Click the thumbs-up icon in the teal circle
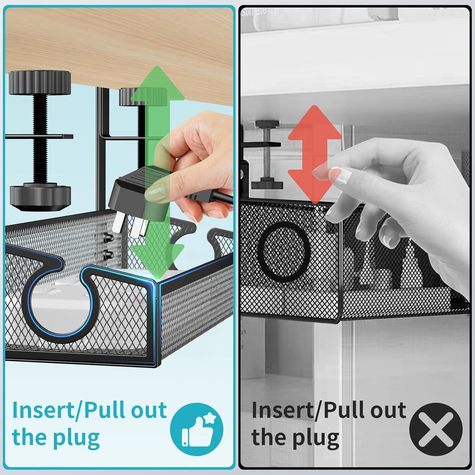197,429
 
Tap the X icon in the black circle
436,429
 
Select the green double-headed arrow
157,171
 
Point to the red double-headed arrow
315,154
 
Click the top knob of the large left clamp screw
40,82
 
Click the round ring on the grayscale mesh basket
284,251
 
